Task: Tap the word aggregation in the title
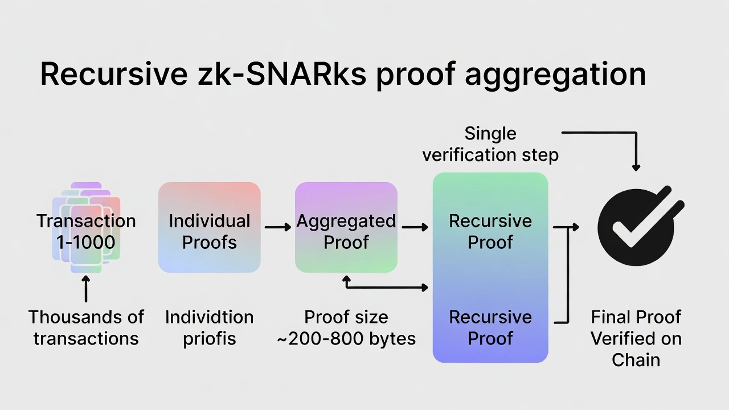pos(555,75)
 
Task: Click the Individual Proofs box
pos(209,227)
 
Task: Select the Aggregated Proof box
pos(346,227)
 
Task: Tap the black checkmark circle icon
pos(636,227)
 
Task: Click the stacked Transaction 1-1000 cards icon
pos(86,228)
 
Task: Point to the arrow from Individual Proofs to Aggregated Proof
pos(277,227)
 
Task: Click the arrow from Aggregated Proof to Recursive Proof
pos(415,227)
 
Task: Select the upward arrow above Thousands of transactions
pos(86,288)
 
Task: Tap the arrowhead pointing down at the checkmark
pos(636,167)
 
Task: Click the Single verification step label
pos(490,144)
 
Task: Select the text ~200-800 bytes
pos(346,339)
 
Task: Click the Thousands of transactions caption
pos(86,327)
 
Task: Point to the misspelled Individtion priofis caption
pos(209,327)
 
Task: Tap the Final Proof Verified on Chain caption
pos(636,338)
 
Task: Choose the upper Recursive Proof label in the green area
pos(490,231)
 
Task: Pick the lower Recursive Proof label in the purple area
pos(490,327)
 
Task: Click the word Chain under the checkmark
pos(636,360)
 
